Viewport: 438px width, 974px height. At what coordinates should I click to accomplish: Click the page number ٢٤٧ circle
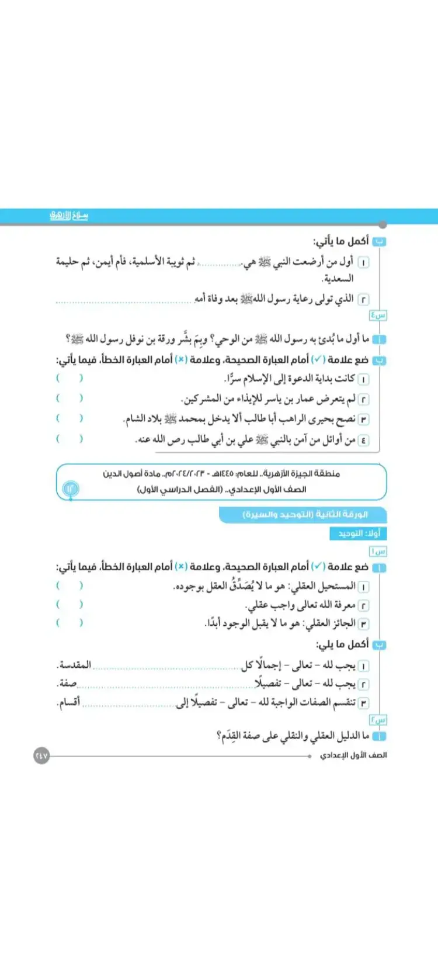[x=41, y=755]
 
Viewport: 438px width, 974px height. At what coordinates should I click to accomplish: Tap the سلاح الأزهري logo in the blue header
[x=69, y=216]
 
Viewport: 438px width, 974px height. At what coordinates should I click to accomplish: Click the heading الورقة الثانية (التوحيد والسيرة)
[x=305, y=515]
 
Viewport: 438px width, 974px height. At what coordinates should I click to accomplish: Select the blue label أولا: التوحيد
[x=359, y=533]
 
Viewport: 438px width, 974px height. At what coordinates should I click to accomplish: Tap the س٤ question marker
[x=378, y=316]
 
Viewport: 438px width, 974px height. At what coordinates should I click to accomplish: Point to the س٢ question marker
[x=378, y=720]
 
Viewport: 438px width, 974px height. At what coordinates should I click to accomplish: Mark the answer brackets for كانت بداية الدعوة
[x=69, y=379]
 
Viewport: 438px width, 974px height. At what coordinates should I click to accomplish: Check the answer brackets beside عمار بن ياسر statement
[x=69, y=398]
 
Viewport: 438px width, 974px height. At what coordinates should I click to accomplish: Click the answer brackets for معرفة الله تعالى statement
[x=69, y=604]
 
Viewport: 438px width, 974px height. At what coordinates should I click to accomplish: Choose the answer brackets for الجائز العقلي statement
[x=69, y=623]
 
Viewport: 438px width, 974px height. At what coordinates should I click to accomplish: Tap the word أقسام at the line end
[x=69, y=702]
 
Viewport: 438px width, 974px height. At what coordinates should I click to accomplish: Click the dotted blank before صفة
[x=166, y=685]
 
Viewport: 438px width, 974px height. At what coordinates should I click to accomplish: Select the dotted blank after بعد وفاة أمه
[x=124, y=300]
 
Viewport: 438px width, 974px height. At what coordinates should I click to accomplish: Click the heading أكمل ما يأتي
[x=341, y=241]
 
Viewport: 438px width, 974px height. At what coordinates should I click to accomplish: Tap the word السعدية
[x=338, y=279]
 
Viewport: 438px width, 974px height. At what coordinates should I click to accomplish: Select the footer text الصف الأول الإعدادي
[x=353, y=755]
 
